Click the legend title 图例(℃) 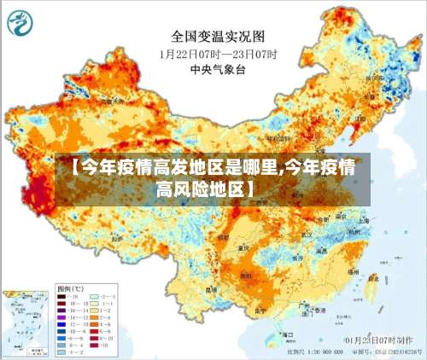click(69, 289)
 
